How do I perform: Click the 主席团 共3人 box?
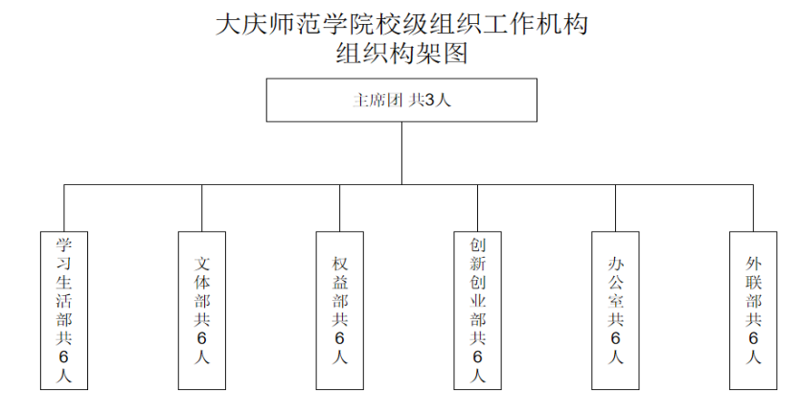pos(401,100)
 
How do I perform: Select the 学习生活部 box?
pos(64,311)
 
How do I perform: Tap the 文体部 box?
pos(202,311)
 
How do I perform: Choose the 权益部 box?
pos(340,311)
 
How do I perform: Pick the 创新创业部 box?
pos(477,311)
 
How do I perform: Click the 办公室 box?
pos(615,311)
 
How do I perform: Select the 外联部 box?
pos(753,311)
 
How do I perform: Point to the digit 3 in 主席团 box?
pos(429,100)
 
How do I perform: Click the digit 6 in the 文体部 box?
pos(202,338)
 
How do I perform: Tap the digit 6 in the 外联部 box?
pos(753,338)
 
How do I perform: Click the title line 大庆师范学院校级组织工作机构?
pos(401,25)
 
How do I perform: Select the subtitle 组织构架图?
pos(401,53)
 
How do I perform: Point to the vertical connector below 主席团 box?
pos(401,153)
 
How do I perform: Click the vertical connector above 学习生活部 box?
pos(64,208)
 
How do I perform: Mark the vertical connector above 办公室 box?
pos(615,208)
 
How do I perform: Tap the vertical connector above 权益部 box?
pos(340,208)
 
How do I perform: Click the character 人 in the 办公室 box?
pos(615,357)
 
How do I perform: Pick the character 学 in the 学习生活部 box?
pos(64,245)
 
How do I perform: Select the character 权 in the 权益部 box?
pos(340,264)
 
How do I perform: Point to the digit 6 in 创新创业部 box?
pos(477,357)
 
